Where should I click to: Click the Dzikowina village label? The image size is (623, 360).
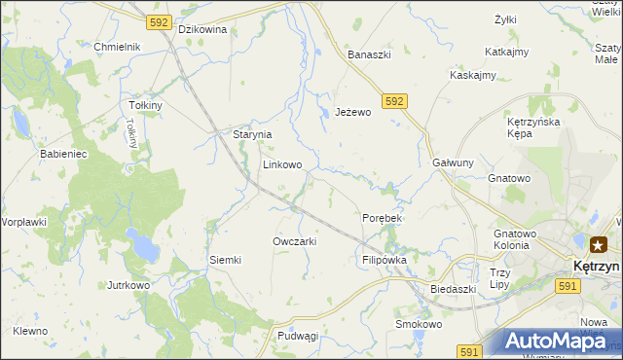point(202,29)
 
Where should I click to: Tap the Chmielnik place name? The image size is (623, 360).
point(118,47)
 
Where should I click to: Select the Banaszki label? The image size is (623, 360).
point(370,54)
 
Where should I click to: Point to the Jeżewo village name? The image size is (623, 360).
point(353,112)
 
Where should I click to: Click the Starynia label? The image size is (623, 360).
point(251,135)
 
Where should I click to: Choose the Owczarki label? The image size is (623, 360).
point(295,241)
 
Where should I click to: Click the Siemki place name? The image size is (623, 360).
point(225,260)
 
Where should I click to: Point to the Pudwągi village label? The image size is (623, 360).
point(298,336)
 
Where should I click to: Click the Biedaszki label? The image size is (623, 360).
point(453,289)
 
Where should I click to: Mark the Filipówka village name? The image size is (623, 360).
point(384,261)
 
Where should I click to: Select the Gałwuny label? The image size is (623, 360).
point(453,163)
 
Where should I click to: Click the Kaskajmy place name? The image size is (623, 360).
point(473,75)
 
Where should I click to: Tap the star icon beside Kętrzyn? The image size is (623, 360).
point(597,245)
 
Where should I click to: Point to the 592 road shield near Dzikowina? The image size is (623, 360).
point(160,21)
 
